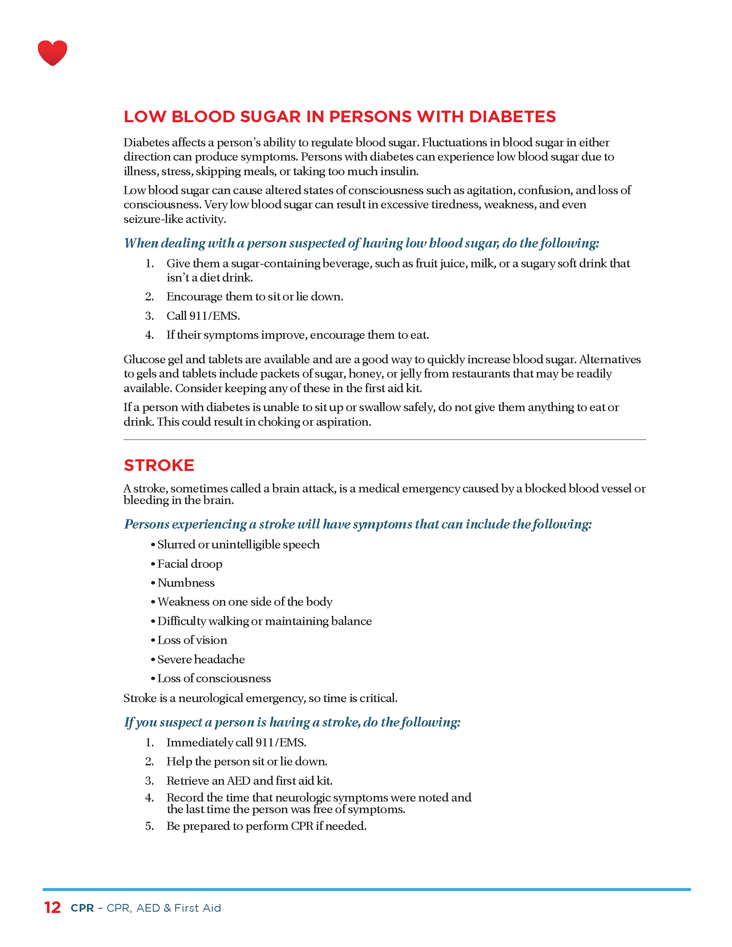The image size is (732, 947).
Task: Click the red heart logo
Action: pos(53,53)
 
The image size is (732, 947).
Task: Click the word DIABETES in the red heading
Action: pos(512,117)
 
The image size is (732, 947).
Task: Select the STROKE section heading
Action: pos(159,465)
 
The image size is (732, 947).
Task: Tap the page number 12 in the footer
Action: pos(52,907)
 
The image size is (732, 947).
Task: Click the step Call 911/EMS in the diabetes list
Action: pos(203,316)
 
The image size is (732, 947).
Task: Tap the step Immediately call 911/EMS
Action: pos(236,743)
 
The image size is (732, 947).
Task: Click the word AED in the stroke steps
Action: pos(239,780)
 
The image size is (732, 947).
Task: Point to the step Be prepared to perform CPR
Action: pos(266,826)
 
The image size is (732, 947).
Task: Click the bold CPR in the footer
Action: pos(82,908)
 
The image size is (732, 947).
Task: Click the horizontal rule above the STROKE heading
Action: pos(385,439)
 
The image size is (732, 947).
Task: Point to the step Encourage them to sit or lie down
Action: pos(254,297)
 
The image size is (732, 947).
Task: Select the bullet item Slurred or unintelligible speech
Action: pos(238,545)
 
